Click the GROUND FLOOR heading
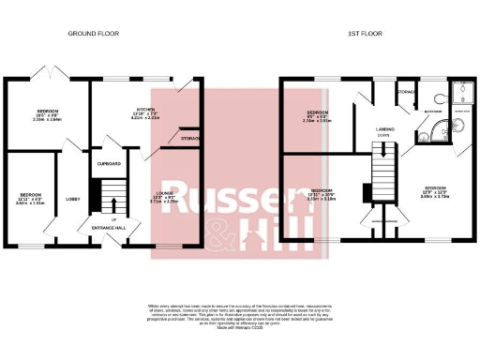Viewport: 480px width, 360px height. (92, 35)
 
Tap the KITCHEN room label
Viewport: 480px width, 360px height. (146, 110)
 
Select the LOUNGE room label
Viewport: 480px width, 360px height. (163, 194)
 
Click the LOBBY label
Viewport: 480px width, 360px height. (72, 199)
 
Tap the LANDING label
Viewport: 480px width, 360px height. (384, 129)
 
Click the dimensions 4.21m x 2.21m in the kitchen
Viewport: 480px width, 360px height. (146, 119)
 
